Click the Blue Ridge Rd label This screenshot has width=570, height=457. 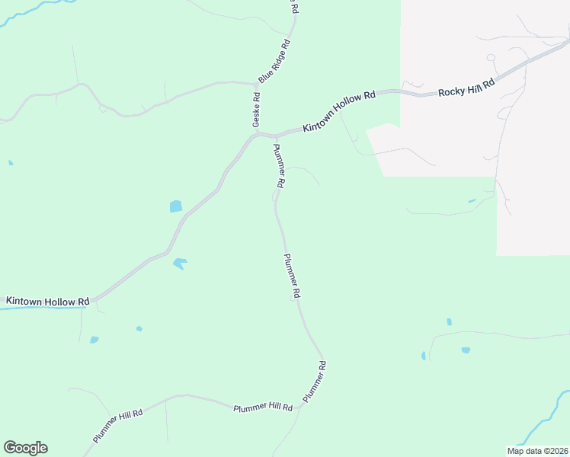275,61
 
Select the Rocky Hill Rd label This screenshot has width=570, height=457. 466,87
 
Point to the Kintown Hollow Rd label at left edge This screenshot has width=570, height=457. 47,302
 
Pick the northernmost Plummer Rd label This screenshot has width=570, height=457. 279,166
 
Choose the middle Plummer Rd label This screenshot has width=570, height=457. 292,276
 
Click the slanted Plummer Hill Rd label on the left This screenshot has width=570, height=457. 118,427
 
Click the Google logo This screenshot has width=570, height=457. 25,448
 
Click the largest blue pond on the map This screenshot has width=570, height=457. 176,206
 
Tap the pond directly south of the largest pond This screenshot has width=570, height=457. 180,264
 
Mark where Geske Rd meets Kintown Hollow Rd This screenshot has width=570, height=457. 258,134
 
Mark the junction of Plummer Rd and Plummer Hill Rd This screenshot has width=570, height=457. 301,405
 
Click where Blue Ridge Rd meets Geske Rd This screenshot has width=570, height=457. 257,83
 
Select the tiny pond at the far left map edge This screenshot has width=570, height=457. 10,162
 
